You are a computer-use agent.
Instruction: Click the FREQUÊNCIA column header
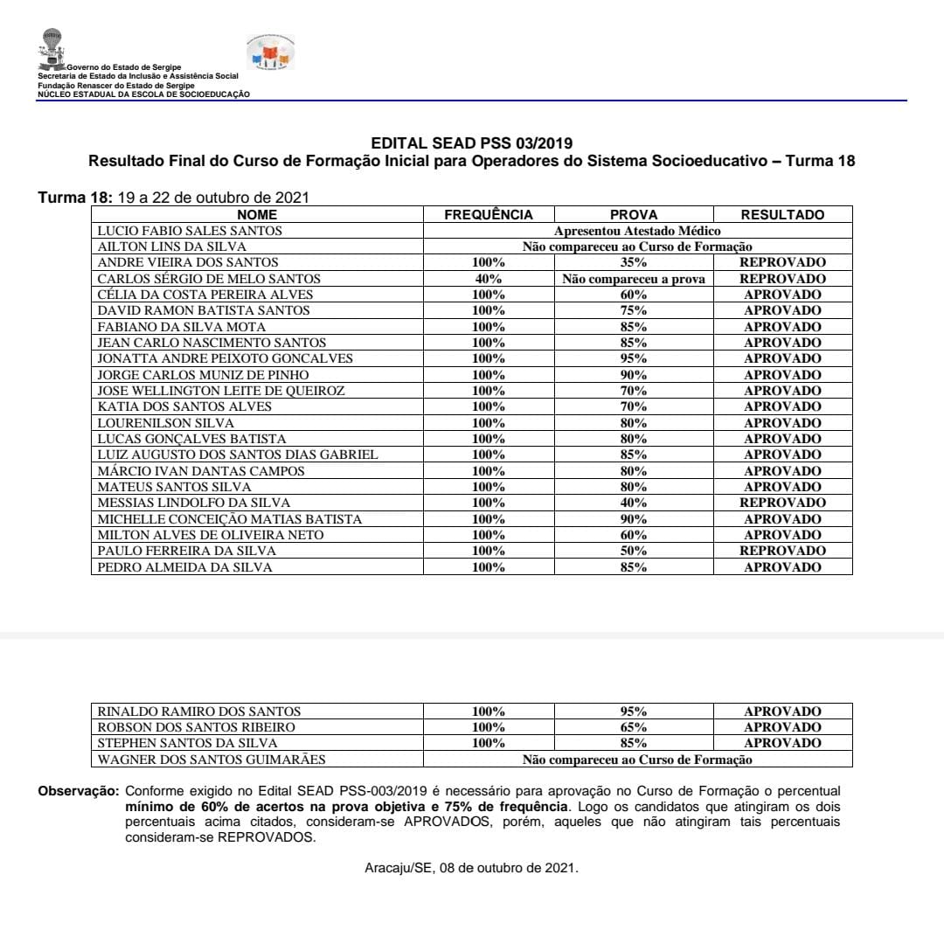488,215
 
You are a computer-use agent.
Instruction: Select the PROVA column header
634,215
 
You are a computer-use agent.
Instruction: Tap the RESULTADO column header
782,215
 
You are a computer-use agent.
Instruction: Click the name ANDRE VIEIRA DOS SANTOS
188,262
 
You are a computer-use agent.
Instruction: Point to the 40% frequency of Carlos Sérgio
488,279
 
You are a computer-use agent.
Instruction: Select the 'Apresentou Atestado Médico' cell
637,231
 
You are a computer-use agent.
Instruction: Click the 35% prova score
634,262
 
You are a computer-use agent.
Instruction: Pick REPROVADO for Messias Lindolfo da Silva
782,503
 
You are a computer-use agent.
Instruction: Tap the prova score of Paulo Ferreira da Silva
634,551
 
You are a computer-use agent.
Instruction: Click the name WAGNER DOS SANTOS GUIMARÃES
211,760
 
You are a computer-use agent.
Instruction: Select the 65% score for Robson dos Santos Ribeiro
634,727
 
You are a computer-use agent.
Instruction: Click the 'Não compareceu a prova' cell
634,279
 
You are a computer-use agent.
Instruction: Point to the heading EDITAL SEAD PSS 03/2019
472,143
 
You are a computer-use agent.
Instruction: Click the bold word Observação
78,790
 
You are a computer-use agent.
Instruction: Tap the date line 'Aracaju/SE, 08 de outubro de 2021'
471,868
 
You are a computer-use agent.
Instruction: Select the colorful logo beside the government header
270,54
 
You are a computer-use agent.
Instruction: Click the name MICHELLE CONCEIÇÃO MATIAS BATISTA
229,519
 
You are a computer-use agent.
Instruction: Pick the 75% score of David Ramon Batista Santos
634,310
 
